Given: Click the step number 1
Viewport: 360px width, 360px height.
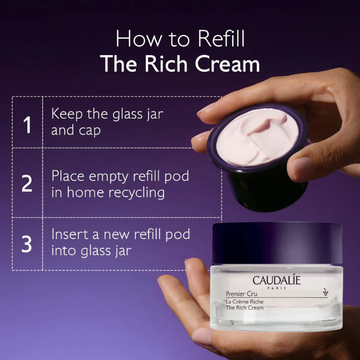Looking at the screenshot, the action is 27,124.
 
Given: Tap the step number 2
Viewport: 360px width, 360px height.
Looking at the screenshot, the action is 27,183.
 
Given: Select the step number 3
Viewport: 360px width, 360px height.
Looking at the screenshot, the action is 27,244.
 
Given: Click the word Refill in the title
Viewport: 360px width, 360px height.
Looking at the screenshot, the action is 221,39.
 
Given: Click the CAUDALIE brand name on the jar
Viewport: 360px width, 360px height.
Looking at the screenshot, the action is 277,280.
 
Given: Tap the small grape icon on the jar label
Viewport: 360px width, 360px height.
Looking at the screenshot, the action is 326,292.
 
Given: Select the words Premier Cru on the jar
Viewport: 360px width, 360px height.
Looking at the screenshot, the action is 242,294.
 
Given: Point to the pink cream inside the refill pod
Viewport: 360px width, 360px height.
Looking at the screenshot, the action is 258,137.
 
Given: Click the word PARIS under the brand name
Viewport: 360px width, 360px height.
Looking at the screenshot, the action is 277,288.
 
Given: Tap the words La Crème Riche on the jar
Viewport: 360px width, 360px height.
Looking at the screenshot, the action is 244,302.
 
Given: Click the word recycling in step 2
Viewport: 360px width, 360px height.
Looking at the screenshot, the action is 137,193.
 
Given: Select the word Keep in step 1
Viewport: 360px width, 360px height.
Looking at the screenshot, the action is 67,114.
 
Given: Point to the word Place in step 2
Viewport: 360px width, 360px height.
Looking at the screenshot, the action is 68,176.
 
